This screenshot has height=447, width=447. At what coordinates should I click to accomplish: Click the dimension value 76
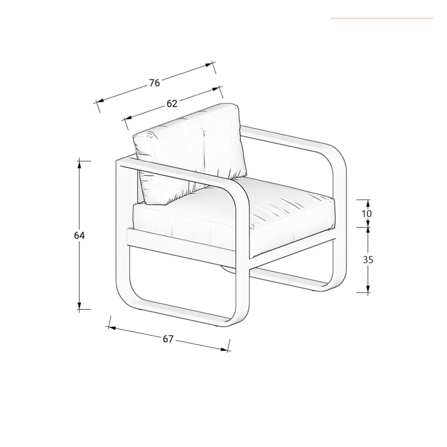154,82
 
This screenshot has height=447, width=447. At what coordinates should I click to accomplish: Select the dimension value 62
172,103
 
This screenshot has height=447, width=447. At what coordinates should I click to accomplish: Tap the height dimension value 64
79,235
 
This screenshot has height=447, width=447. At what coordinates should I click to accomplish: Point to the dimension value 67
168,339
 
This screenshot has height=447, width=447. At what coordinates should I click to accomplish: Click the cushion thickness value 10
367,213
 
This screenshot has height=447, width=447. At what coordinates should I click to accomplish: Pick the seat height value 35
368,260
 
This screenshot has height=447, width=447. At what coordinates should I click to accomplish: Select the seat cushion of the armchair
234,217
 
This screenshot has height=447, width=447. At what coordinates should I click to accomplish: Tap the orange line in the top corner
382,18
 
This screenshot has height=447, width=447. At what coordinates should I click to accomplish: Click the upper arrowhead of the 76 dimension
209,65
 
